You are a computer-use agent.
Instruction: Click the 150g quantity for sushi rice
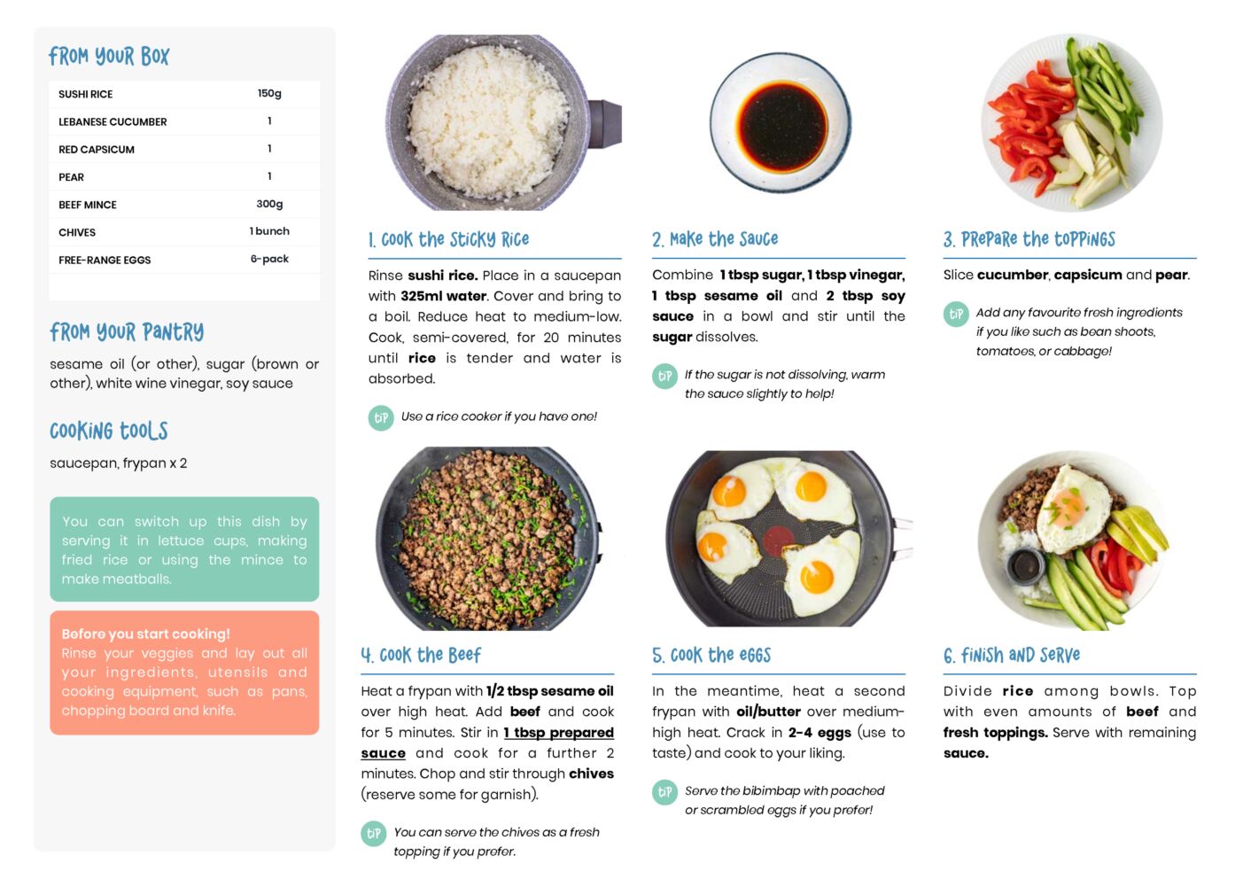pos(269,93)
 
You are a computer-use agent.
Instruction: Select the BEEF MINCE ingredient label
pos(88,205)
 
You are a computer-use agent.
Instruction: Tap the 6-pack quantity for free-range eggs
pos(269,259)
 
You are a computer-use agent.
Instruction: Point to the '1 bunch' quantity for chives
pos(269,231)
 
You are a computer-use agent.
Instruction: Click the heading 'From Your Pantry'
pos(127,332)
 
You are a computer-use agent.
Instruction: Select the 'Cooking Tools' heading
pos(109,431)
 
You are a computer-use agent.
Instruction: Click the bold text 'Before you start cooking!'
pos(145,634)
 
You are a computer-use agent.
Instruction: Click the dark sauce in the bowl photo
pos(781,126)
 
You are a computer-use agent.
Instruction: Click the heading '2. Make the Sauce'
pos(715,239)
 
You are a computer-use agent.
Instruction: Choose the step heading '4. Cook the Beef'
pos(421,655)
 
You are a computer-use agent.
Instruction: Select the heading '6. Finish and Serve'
pos(1012,655)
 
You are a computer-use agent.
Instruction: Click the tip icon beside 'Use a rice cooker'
pos(381,418)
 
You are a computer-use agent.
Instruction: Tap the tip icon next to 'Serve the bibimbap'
pos(664,792)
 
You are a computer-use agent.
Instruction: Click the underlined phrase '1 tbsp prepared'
pos(558,733)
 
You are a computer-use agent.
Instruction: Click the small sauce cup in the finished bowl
pos(1024,565)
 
